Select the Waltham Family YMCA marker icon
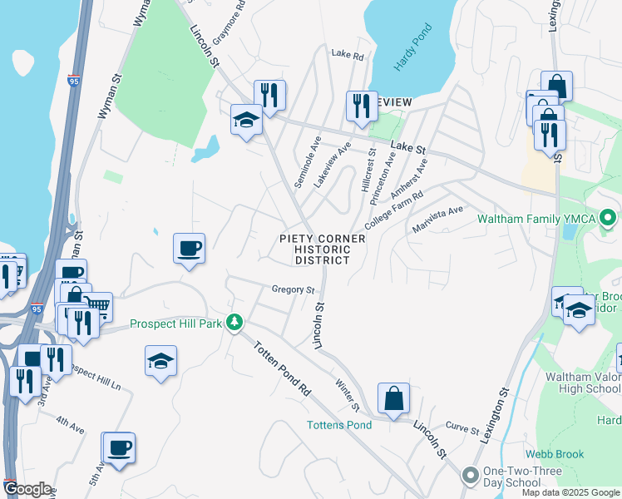[607, 219]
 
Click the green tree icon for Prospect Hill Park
[235, 322]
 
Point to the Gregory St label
[293, 290]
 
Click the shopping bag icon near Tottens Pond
[393, 398]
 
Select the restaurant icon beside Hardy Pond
[361, 106]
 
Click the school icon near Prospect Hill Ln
[160, 361]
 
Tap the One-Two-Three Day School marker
[470, 476]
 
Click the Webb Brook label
[554, 454]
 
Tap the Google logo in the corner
[27, 489]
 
